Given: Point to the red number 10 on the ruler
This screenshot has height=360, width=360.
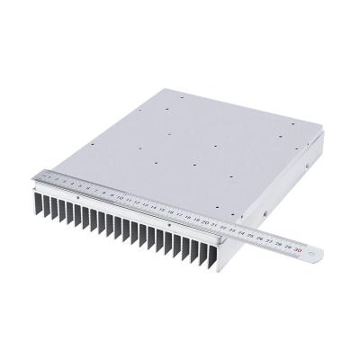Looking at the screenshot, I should tap(116, 196).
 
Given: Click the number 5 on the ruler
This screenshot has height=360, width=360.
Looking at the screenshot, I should tap(74, 186).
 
